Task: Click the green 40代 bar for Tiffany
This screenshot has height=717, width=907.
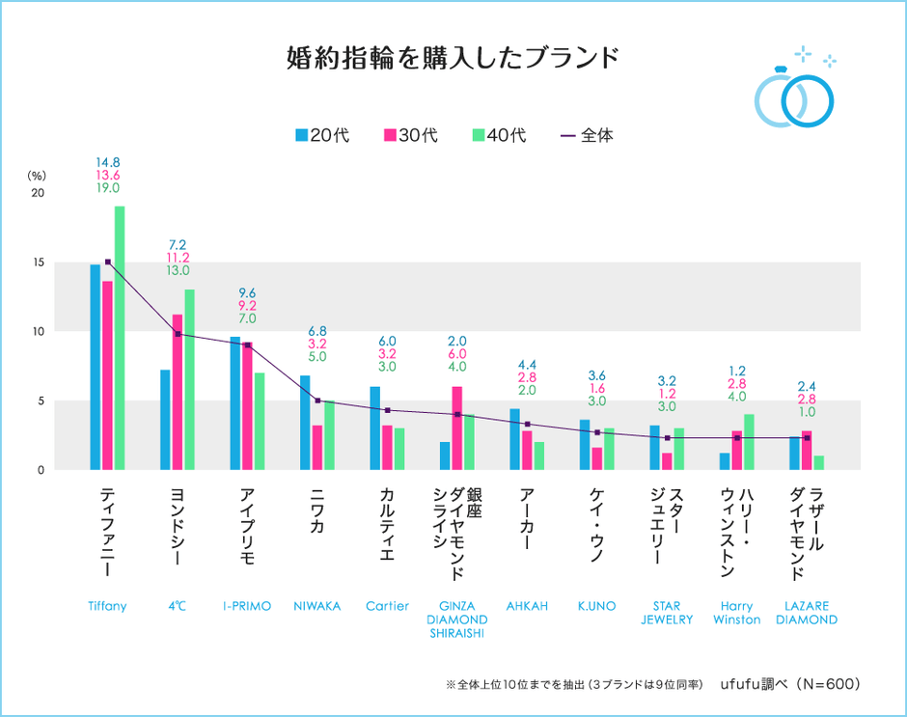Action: click(120, 338)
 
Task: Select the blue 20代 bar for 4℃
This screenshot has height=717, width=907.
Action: click(165, 420)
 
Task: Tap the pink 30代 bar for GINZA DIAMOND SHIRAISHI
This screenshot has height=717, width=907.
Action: click(457, 427)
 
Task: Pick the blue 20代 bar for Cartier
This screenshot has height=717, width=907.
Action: click(374, 427)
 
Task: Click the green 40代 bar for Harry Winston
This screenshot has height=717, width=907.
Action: click(749, 442)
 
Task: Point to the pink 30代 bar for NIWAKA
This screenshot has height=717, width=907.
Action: click(317, 447)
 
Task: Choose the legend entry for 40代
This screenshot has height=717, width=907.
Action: click(499, 135)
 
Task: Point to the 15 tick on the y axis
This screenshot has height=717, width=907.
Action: click(38, 262)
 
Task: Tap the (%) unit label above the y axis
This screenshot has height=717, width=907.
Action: click(37, 176)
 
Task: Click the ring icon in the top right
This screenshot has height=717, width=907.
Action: click(795, 94)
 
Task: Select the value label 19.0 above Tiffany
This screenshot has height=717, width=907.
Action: click(108, 190)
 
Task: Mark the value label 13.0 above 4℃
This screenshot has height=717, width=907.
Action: click(178, 271)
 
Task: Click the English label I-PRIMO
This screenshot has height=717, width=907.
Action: click(247, 606)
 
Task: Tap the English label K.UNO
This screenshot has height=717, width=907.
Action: click(596, 606)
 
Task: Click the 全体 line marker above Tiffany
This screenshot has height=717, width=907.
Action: click(108, 262)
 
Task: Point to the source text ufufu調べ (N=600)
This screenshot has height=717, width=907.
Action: click(789, 683)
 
